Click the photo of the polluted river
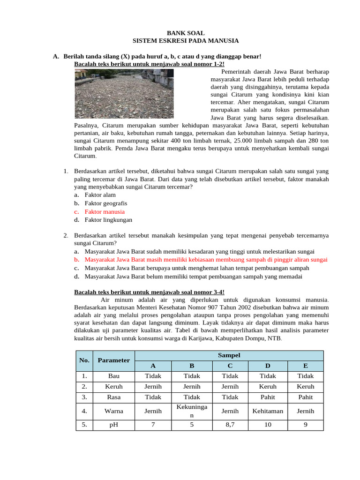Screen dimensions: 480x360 click(140, 94)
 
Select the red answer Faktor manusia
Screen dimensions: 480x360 click(105, 211)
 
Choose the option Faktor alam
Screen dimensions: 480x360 click(100, 195)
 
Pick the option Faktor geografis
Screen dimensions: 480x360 click(105, 203)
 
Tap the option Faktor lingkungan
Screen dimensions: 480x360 click(108, 219)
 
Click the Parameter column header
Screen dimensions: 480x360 click(114, 360)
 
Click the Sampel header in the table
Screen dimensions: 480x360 click(229, 355)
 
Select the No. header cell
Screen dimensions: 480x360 click(84, 360)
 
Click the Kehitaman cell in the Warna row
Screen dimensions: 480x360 click(268, 411)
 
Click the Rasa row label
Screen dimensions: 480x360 click(114, 397)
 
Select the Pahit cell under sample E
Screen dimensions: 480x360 click(306, 397)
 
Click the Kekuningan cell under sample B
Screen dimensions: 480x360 click(191, 411)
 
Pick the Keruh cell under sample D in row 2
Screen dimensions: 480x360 click(268, 386)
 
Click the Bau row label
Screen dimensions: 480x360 click(114, 375)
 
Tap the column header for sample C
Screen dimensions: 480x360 click(230, 366)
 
